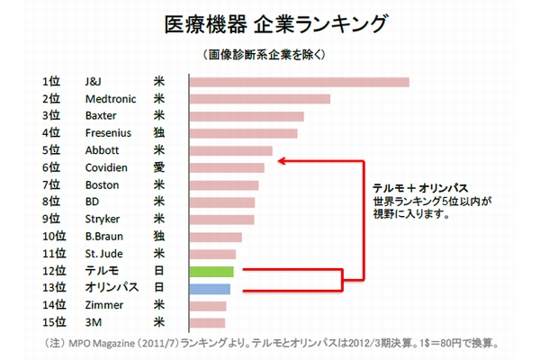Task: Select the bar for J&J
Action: coord(299,82)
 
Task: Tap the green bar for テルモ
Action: coord(211,271)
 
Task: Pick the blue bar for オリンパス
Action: coord(211,288)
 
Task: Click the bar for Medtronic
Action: coord(260,99)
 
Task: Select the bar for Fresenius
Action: coord(243,133)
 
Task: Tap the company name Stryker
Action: coord(103,219)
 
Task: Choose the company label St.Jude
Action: coord(103,253)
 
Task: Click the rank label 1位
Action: coord(50,82)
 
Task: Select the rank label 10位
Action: coord(54,236)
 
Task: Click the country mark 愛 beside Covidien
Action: coord(159,167)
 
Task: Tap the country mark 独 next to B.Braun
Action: coord(159,236)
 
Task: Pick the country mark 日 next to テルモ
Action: coord(159,271)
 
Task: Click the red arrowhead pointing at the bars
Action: coord(282,162)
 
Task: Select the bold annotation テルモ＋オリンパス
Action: coord(419,186)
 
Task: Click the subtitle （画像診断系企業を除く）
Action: coord(269,53)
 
